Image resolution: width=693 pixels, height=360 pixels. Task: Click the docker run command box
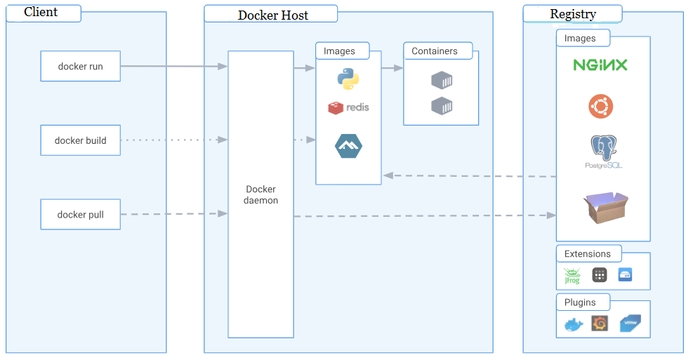(x=80, y=67)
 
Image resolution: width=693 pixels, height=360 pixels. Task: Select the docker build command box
(x=80, y=140)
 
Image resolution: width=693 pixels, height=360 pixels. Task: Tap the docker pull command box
(x=80, y=215)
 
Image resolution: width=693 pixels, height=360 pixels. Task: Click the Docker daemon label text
(x=260, y=194)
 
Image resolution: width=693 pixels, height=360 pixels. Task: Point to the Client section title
(x=41, y=13)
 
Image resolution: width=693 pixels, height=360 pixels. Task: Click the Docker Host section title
(x=272, y=15)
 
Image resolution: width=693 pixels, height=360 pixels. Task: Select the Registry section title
(x=573, y=14)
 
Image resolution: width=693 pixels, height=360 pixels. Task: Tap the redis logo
(x=348, y=107)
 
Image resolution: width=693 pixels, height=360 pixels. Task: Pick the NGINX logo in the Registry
(x=600, y=65)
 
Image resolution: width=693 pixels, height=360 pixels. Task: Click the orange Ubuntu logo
(x=600, y=107)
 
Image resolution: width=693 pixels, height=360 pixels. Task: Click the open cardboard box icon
(x=605, y=208)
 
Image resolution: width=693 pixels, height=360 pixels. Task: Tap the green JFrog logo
(x=572, y=275)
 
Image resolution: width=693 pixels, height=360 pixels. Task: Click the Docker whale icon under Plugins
(x=574, y=324)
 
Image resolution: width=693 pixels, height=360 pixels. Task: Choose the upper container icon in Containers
(x=441, y=80)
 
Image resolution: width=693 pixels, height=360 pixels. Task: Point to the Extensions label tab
(x=587, y=254)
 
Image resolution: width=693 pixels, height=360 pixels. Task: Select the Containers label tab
(x=435, y=51)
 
